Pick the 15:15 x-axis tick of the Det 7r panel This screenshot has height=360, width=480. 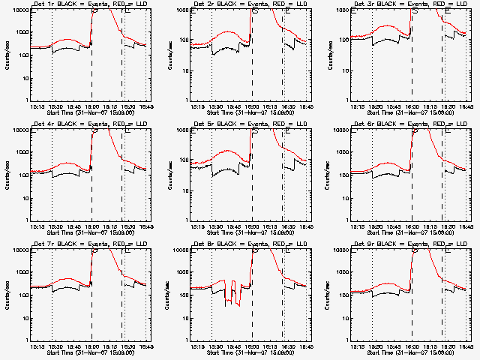[x=37, y=346]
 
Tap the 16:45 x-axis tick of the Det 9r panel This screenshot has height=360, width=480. [x=466, y=346]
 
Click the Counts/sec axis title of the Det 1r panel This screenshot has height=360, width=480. [x=7, y=56]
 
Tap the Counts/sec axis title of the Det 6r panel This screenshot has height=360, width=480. [x=328, y=175]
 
